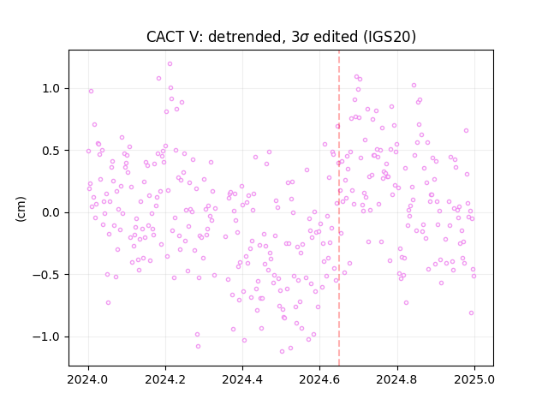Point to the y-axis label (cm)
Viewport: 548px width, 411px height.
(x=21, y=209)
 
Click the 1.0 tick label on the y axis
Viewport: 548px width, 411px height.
(x=51, y=88)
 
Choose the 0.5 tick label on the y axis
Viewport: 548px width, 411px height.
(x=51, y=151)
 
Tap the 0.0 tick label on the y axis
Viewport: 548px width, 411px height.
(x=51, y=212)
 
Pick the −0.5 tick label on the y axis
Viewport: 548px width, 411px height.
(x=46, y=275)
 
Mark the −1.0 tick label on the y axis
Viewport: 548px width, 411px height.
(x=46, y=337)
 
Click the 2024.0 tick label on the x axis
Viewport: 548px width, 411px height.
(x=88, y=379)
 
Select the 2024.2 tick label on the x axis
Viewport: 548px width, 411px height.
(x=165, y=379)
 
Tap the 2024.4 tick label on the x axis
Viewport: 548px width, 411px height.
(x=242, y=379)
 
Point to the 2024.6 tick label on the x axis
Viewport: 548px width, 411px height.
(x=319, y=379)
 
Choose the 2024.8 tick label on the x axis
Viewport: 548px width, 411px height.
(x=397, y=379)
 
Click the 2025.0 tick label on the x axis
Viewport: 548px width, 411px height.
(x=474, y=379)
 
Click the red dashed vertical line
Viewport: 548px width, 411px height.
(x=339, y=208)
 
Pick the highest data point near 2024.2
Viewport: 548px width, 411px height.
(x=170, y=64)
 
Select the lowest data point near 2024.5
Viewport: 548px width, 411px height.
(x=282, y=351)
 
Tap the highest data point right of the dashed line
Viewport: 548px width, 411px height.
(x=356, y=77)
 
